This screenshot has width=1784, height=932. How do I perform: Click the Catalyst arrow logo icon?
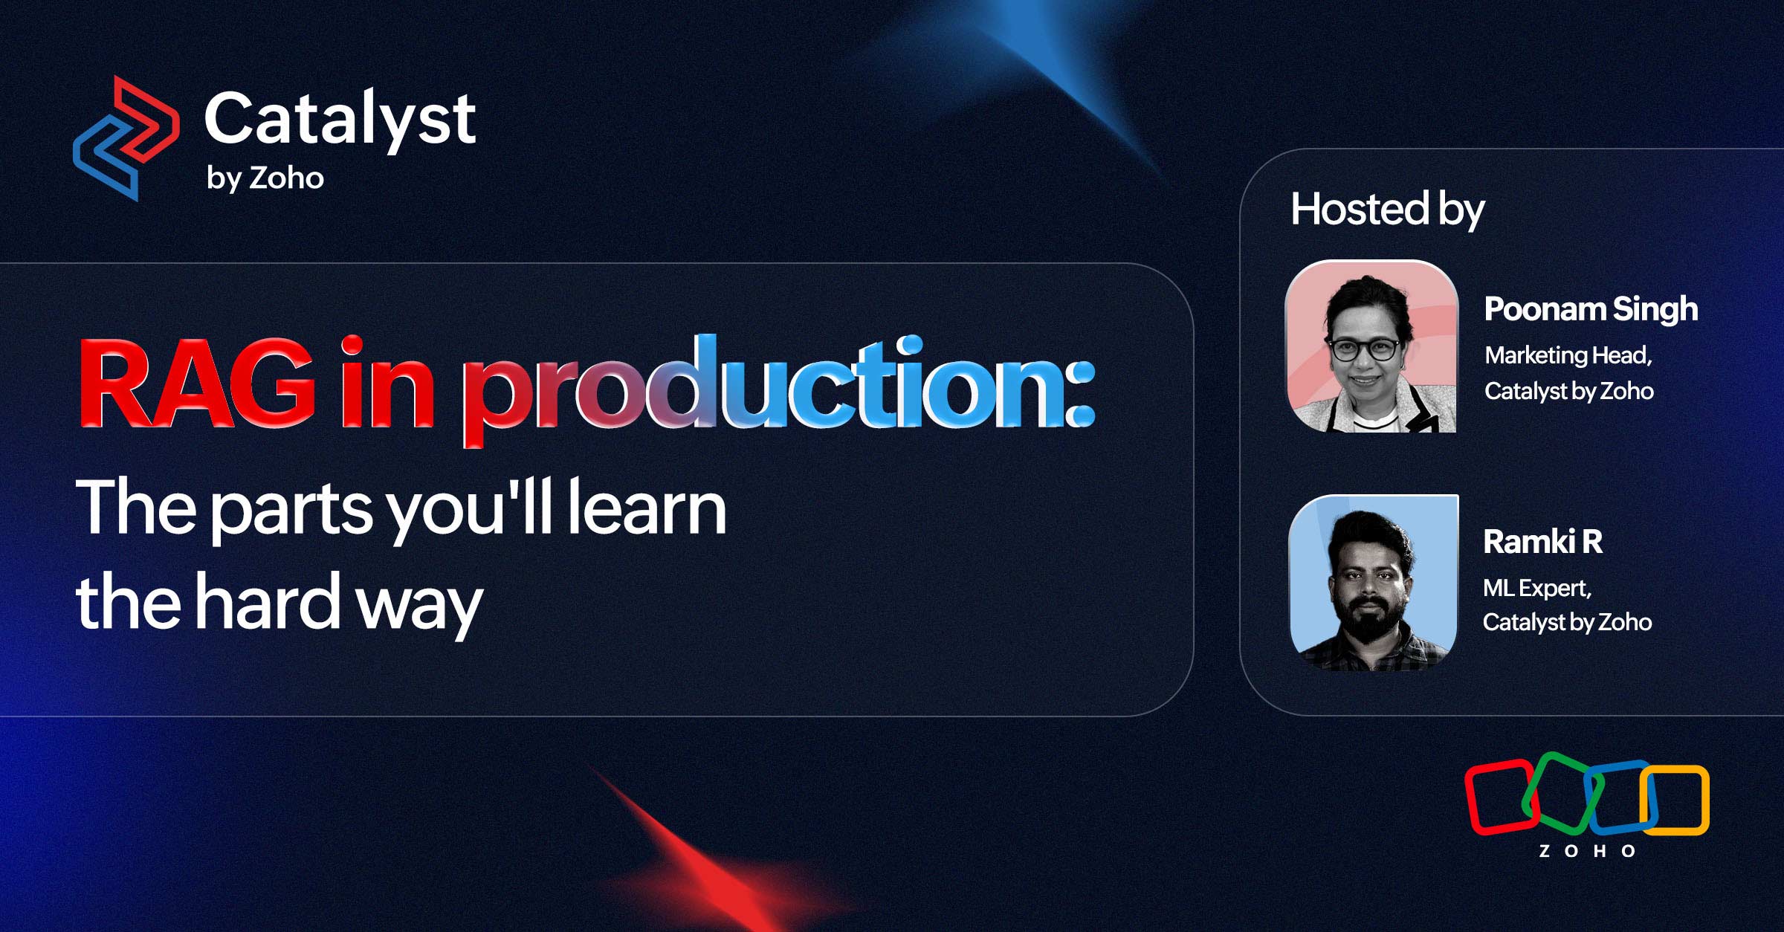coord(126,138)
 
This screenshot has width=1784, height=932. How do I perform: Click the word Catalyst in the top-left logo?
coord(340,119)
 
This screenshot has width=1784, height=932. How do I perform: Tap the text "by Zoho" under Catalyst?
coord(265,178)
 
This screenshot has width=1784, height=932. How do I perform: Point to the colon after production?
coord(1079,394)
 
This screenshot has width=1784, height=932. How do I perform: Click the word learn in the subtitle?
coord(647,508)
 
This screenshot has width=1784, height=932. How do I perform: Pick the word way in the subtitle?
coord(419,606)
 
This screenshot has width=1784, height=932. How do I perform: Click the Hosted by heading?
coord(1387,210)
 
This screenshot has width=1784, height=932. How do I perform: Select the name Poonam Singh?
coord(1591,309)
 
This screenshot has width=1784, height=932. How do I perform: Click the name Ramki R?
coord(1542,542)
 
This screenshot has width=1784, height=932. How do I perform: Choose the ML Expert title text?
coord(1536,589)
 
